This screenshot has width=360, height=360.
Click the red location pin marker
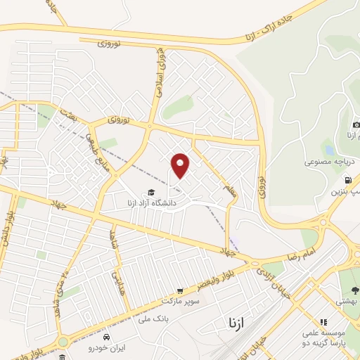pyautogui.click(x=181, y=165)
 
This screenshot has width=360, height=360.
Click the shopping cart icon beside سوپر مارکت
pyautogui.click(x=180, y=290)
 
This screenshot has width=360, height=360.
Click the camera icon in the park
pyautogui.click(x=356, y=124)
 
